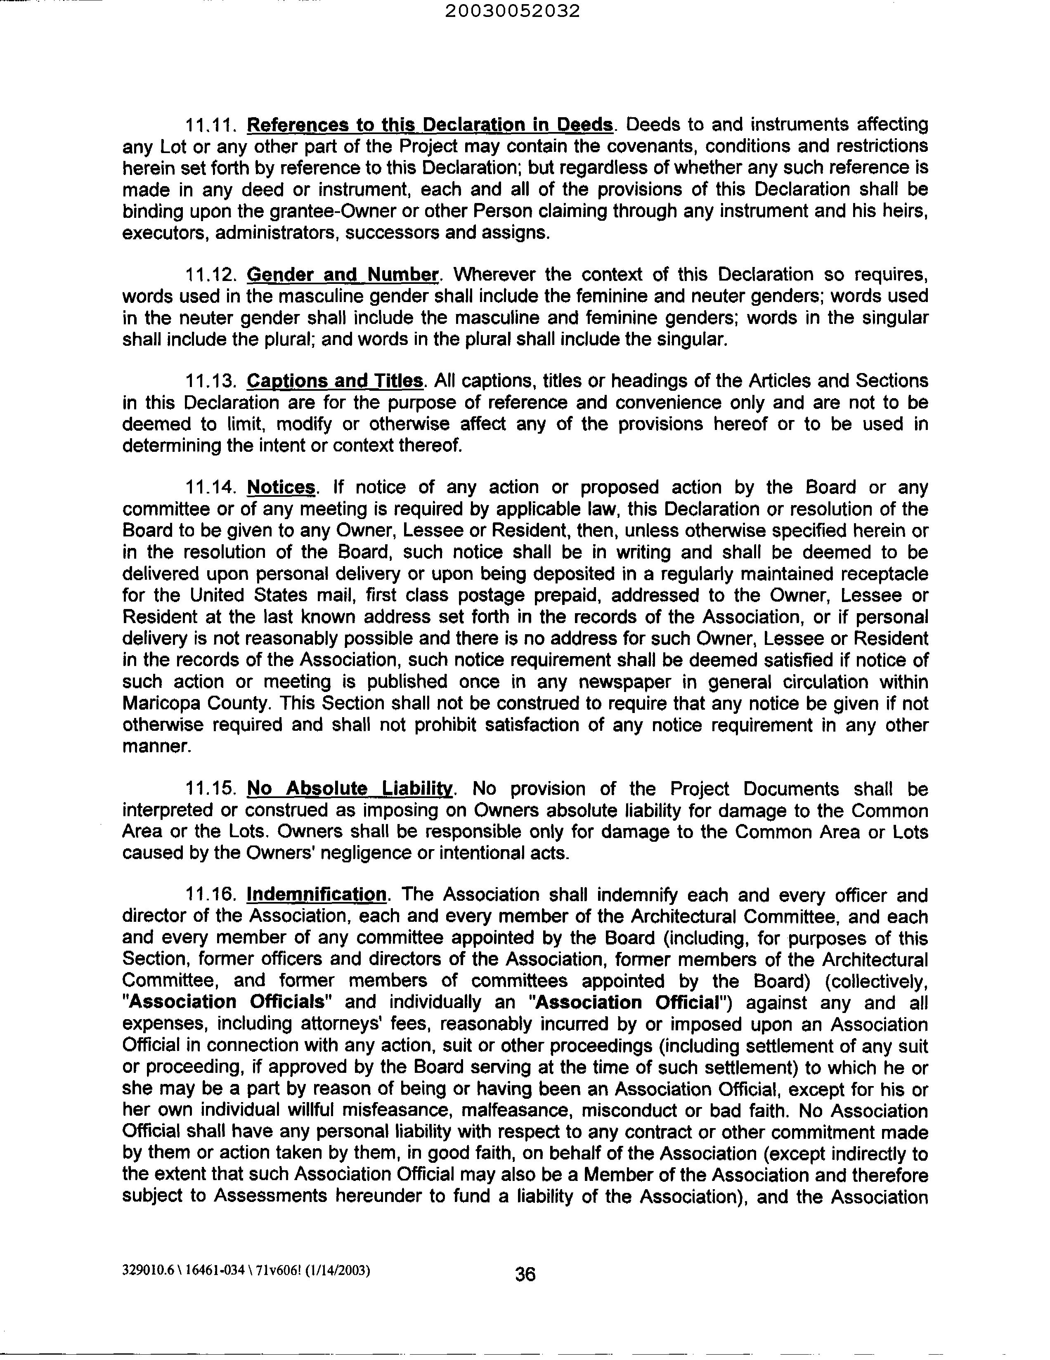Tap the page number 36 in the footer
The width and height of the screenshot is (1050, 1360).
point(525,1274)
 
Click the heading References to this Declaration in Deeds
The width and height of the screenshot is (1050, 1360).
point(430,125)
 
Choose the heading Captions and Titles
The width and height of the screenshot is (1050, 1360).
point(335,380)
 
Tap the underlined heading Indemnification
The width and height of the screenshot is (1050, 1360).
point(317,895)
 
